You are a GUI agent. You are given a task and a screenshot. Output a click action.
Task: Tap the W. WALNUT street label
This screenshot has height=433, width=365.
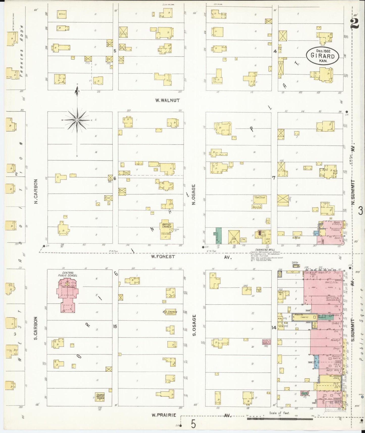pyautogui.click(x=167, y=100)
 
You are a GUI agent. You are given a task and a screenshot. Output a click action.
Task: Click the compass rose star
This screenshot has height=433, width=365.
pyautogui.click(x=77, y=120)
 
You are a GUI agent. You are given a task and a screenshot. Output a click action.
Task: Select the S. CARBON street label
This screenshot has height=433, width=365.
pyautogui.click(x=36, y=328)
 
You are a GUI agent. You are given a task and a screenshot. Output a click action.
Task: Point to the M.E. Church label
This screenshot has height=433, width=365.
pyautogui.click(x=169, y=312)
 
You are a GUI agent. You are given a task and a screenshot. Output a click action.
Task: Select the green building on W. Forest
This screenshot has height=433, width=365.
pyautogui.click(x=218, y=235)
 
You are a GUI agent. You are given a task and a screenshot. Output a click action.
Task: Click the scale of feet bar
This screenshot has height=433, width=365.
pyautogui.click(x=280, y=419)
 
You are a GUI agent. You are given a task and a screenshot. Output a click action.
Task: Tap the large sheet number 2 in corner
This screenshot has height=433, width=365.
pyautogui.click(x=355, y=24)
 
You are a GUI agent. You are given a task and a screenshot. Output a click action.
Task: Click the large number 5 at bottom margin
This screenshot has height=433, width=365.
pyautogui.click(x=193, y=424)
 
